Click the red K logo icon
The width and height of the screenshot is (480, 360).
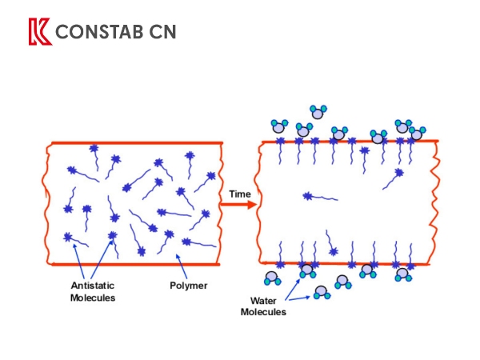pyautogui.click(x=38, y=32)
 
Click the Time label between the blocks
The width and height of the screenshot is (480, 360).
pyautogui.click(x=240, y=194)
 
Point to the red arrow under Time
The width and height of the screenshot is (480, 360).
pyautogui.click(x=238, y=205)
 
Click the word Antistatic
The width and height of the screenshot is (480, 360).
pyautogui.click(x=93, y=286)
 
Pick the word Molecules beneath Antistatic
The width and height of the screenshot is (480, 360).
pyautogui.click(x=93, y=298)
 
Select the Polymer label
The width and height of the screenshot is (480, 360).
pyautogui.click(x=189, y=286)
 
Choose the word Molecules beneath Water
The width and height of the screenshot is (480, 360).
pyautogui.click(x=264, y=312)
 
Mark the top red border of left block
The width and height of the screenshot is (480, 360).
pyautogui.click(x=136, y=143)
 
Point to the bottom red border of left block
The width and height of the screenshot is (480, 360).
pyautogui.click(x=136, y=263)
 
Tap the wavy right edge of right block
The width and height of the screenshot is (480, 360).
pyautogui.click(x=435, y=204)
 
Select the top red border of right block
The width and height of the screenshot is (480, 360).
pyautogui.click(x=348, y=142)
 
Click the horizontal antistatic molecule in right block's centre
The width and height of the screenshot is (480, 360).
pyautogui.click(x=319, y=195)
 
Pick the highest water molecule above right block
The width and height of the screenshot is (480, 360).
pyautogui.click(x=318, y=111)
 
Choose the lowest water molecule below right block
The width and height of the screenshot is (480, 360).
pyautogui.click(x=322, y=293)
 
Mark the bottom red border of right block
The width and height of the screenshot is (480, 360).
pyautogui.click(x=348, y=263)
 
